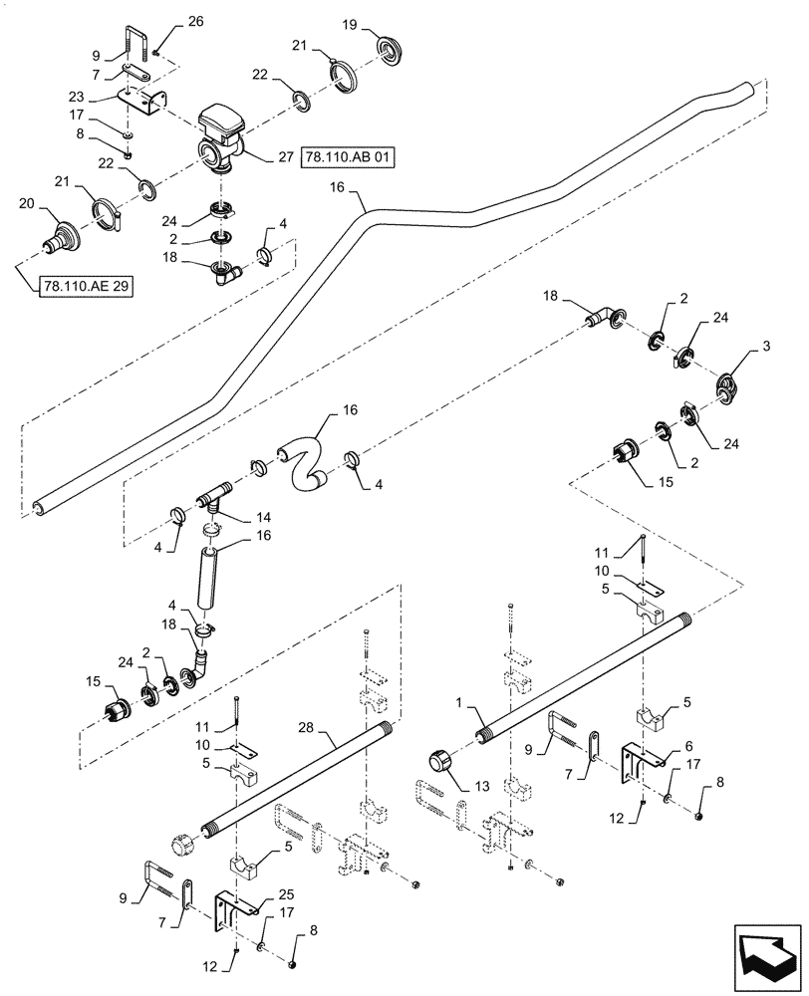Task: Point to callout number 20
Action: coord(27,203)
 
